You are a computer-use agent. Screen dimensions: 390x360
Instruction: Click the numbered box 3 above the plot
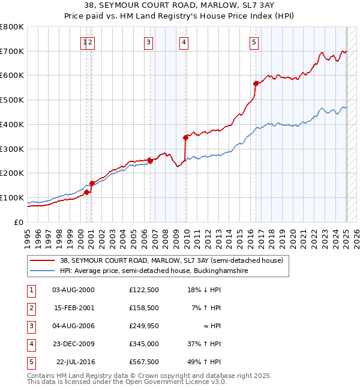tap(148, 42)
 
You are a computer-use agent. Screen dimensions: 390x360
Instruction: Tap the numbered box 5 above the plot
tap(254, 42)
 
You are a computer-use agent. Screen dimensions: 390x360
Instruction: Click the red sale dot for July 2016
tap(256, 83)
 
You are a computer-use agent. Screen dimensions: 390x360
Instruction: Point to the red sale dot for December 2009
tap(186, 137)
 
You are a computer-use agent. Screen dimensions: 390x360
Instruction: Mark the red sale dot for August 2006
tap(150, 160)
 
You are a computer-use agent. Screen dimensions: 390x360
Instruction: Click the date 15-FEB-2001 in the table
tap(74, 308)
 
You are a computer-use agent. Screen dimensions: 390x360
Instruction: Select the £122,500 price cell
tap(144, 290)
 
